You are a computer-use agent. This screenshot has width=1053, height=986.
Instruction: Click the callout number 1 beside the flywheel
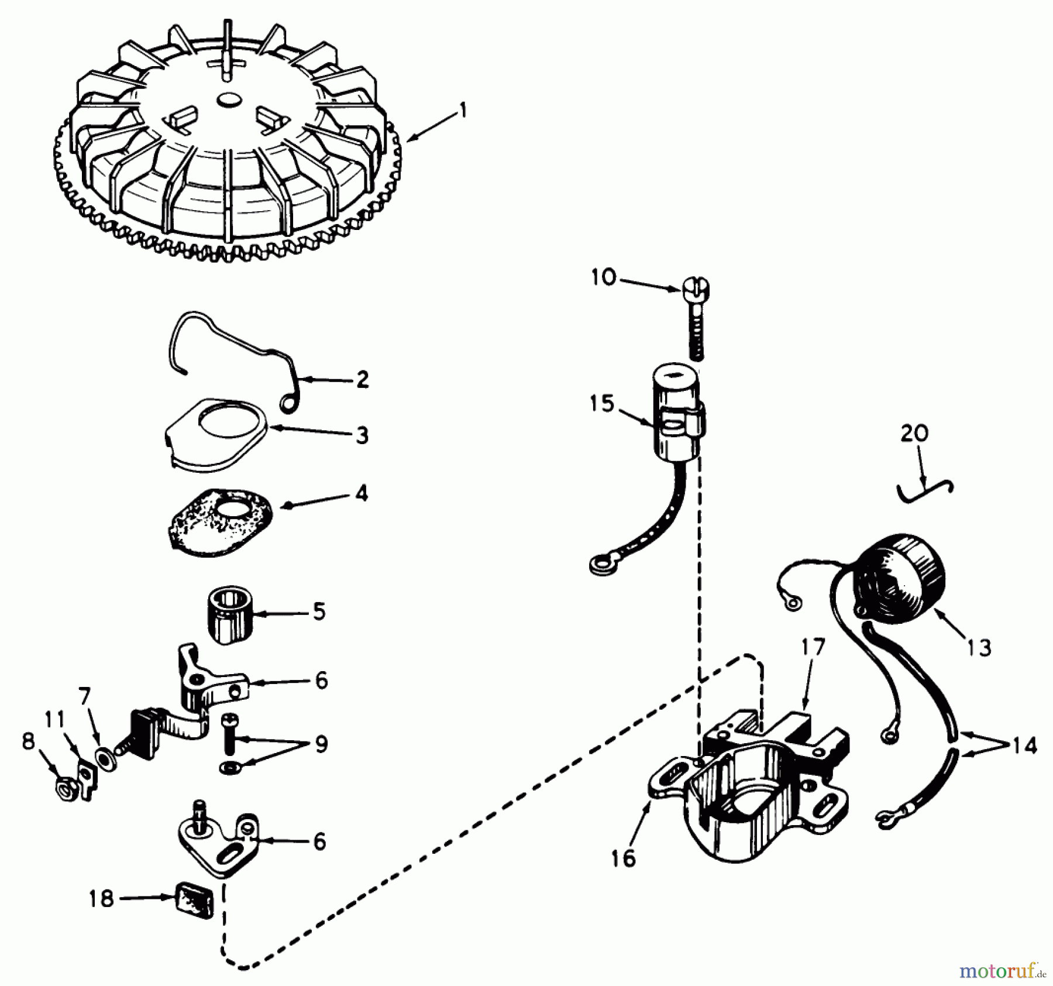[x=463, y=110]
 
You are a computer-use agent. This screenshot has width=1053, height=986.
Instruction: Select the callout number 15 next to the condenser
[x=603, y=403]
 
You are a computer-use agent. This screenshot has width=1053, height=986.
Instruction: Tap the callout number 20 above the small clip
[x=914, y=434]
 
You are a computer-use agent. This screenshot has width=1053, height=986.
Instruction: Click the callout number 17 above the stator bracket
[x=813, y=647]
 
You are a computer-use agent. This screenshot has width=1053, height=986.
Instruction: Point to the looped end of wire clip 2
[x=288, y=402]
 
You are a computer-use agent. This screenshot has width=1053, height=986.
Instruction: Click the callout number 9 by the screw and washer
[x=321, y=744]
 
